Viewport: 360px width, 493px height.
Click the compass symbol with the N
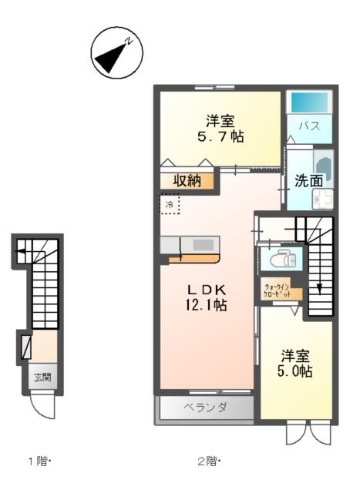(x=115, y=53)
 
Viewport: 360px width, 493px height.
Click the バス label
(x=310, y=126)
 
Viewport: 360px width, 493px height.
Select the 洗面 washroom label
(x=308, y=181)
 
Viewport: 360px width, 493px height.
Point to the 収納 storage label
(x=187, y=181)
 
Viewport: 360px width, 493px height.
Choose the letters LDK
(x=207, y=289)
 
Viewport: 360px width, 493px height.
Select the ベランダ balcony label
(x=204, y=407)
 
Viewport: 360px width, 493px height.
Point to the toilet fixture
(x=280, y=258)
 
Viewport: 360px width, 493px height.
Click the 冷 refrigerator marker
(x=169, y=204)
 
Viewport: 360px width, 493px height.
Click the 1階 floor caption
(x=39, y=461)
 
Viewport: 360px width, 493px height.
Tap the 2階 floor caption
(x=207, y=461)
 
